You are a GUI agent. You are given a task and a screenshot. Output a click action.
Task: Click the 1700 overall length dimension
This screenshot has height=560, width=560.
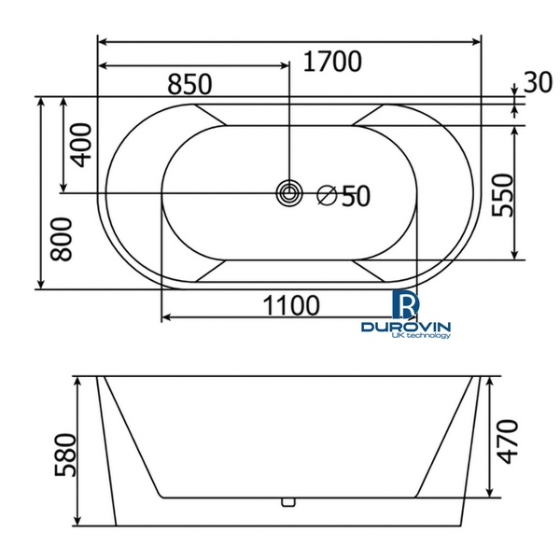(332, 63)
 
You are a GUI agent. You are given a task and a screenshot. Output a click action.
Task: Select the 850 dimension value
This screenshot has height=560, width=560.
(190, 84)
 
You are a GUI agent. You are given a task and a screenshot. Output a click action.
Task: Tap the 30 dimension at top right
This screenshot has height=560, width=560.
(538, 82)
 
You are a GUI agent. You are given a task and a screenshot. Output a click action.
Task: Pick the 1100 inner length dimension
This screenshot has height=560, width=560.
(291, 304)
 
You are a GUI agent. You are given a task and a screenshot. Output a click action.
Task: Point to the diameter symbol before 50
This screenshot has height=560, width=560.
(326, 195)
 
